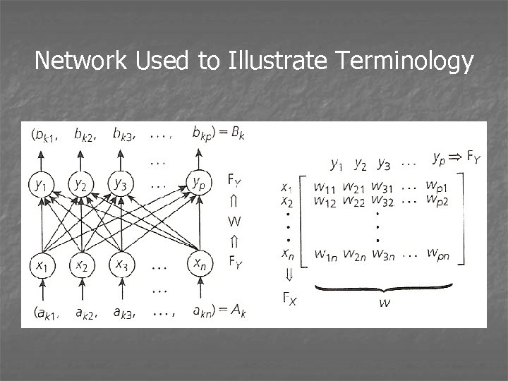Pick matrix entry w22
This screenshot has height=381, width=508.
353,201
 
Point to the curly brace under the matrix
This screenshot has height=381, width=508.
382,289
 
